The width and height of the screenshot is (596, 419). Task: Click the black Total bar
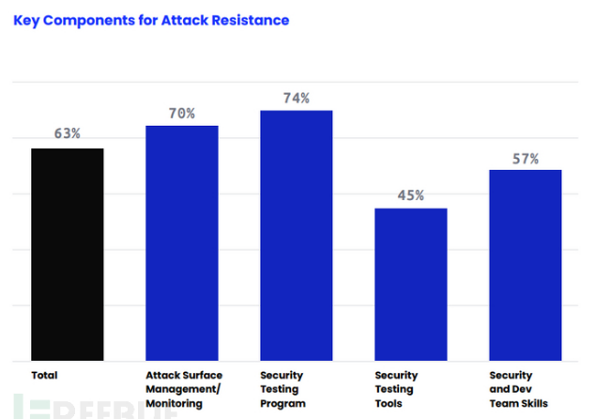pos(67,255)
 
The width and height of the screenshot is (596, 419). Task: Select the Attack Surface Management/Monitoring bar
pos(181,243)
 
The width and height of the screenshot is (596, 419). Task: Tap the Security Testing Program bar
pos(296,236)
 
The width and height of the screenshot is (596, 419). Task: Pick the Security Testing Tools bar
pos(410,285)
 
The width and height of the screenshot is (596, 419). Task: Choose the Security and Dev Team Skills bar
pos(525,265)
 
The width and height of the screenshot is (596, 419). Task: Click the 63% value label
pos(67,133)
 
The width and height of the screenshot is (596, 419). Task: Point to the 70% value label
pos(182,113)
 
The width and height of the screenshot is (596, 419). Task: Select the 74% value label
pos(297,98)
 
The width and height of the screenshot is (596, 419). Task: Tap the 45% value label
pos(411,195)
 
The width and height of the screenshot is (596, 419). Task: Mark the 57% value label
pos(526,159)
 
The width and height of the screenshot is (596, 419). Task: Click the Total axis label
pos(44,376)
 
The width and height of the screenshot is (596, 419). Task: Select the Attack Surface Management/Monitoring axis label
pos(184,389)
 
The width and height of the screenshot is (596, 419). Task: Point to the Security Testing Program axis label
pos(283,389)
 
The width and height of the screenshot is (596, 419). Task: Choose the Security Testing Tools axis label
pos(396,389)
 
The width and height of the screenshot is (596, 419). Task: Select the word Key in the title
pos(26,20)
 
